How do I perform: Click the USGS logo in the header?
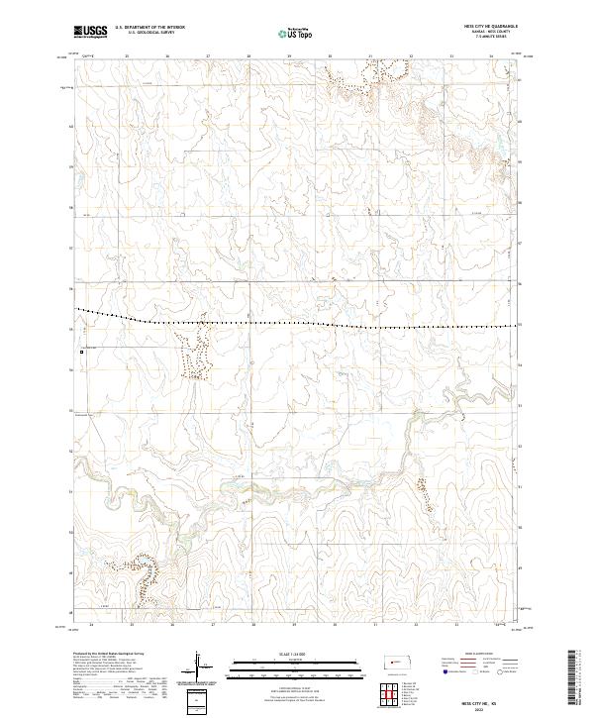click(x=90, y=33)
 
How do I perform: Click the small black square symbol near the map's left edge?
click(x=81, y=350)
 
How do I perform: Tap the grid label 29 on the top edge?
click(x=288, y=56)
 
